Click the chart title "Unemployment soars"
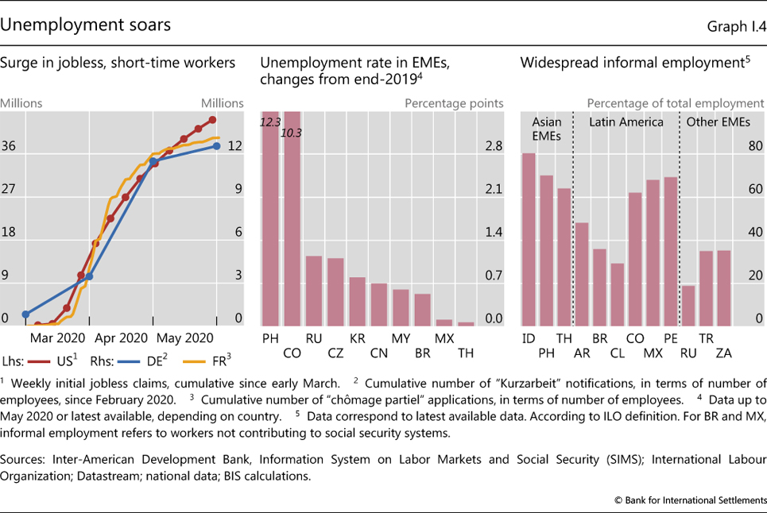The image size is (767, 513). pyautogui.click(x=85, y=25)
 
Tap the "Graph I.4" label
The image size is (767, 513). pyautogui.click(x=737, y=26)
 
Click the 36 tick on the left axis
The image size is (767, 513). pyautogui.click(x=10, y=146)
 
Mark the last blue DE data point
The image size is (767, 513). pyautogui.click(x=216, y=145)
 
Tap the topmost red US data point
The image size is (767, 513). pyautogui.click(x=212, y=120)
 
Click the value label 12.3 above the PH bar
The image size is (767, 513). pyautogui.click(x=271, y=121)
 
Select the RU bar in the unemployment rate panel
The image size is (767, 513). pyautogui.click(x=314, y=291)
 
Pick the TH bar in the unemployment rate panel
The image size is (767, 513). pyautogui.click(x=466, y=323)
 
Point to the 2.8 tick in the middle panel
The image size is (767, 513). pyautogui.click(x=493, y=146)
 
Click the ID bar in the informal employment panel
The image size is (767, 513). pyautogui.click(x=529, y=239)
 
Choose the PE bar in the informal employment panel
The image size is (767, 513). pyautogui.click(x=670, y=251)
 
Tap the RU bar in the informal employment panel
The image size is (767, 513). pyautogui.click(x=689, y=305)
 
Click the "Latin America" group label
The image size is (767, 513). pyautogui.click(x=626, y=122)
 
